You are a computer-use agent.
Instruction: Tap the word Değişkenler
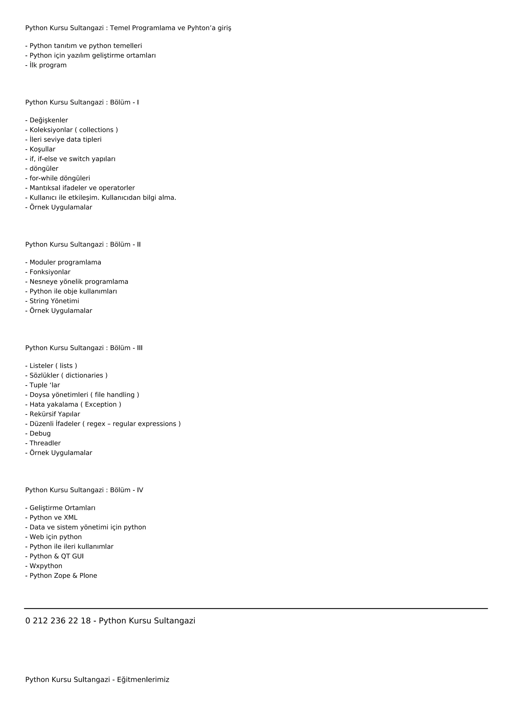[48, 120]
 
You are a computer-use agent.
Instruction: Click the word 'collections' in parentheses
[96, 130]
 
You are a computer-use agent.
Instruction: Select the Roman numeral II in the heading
[139, 245]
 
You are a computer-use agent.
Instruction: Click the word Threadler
[45, 443]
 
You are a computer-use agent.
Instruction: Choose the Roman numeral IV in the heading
[140, 490]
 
